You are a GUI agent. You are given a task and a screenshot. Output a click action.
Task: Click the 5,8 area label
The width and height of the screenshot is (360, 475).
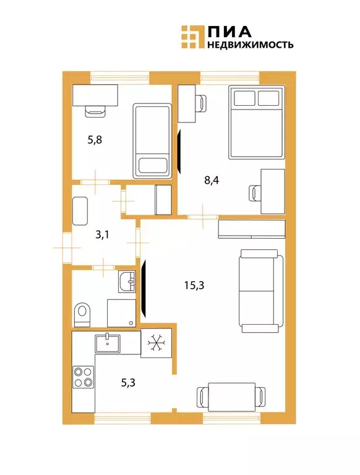pos(95,139)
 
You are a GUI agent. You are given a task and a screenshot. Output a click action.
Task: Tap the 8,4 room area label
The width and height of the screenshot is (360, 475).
pos(211,181)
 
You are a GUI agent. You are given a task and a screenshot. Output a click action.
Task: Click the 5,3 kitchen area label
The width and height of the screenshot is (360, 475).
pos(128,382)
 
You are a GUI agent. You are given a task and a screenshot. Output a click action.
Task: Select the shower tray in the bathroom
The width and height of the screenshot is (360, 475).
pos(121,313)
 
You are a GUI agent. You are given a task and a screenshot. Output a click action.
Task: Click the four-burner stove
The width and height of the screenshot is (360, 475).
pos(84,376)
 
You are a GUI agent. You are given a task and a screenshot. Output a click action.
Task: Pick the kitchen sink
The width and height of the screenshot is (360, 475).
pos(109,341)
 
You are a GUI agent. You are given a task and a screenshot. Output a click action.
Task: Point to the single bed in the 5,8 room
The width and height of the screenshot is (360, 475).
pos(152,142)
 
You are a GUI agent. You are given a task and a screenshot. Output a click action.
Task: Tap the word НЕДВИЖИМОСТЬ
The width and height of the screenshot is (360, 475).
pos(250,45)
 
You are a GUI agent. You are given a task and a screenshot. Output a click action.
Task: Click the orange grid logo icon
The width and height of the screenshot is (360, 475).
pos(192,36)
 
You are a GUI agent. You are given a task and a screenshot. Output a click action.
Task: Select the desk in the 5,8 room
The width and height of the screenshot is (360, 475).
pos(95,95)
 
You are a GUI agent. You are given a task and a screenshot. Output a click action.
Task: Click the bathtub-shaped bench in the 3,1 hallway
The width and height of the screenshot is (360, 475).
pos(81,212)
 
